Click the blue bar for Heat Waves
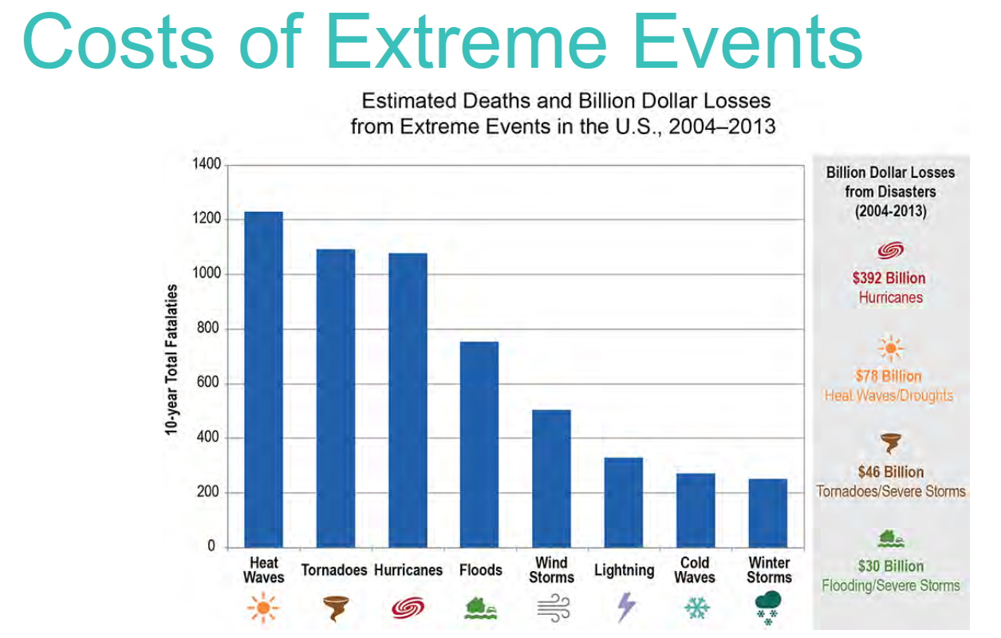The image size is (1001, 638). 264,380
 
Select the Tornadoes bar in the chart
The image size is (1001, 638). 336,399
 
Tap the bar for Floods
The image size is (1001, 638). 479,444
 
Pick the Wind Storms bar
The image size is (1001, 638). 551,478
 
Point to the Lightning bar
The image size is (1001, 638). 624,502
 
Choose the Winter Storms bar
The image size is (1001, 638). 768,514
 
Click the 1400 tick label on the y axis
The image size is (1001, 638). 207,164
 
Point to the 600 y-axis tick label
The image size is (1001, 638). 209,383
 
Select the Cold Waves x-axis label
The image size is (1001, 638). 695,569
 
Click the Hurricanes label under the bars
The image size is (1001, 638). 408,570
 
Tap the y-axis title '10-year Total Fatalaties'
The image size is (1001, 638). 171,360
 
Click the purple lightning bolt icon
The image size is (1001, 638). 626,607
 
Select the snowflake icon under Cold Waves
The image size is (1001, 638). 696,608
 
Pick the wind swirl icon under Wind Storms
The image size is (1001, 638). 554,608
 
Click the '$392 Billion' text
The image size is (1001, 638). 889,278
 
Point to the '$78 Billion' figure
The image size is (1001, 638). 889,376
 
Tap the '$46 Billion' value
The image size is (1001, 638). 891,472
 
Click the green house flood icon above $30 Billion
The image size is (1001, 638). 891,539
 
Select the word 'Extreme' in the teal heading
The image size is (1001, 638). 467,41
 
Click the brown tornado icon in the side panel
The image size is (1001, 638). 891,443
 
